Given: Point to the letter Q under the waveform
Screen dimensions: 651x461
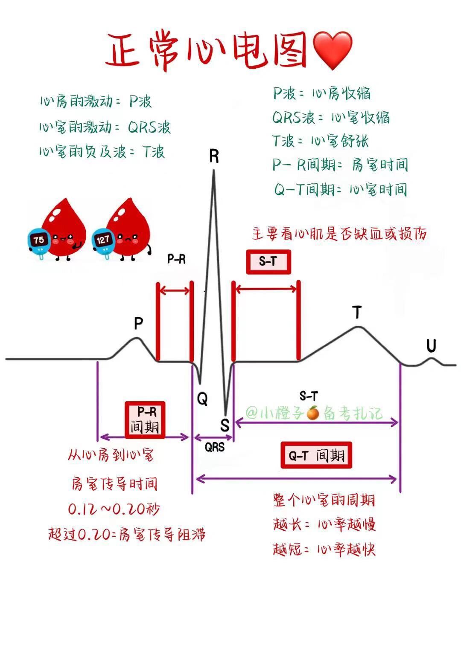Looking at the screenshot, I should pos(202,399).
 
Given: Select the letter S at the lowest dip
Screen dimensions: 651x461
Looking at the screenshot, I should pos(225,425).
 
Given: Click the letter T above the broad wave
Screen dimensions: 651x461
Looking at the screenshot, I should pos(357,312).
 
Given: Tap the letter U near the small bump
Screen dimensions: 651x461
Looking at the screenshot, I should pos(431,346).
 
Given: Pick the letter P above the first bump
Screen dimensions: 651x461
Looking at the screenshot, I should pos(138,323).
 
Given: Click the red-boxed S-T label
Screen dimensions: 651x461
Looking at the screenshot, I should pos(268,261).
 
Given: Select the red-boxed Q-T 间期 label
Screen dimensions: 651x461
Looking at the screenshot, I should pos(316,455).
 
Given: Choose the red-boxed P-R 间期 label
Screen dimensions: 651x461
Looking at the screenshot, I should pos(145,420).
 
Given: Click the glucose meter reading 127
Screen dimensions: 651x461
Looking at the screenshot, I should pos(103,241).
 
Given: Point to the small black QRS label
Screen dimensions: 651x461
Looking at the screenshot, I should pos(214,447).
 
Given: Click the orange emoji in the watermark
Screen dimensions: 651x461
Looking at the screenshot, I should pos(313,413).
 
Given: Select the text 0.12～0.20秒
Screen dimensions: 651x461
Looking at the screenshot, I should pos(114,509).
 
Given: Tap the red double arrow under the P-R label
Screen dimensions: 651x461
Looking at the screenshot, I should pos(174,291).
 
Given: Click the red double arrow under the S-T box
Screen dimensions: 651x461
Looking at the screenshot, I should pos(266,289).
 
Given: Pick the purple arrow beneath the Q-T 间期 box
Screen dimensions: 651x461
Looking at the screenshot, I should pos(296,479).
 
